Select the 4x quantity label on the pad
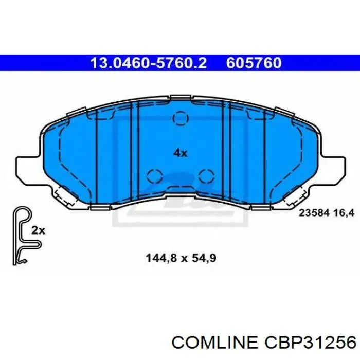point(180,153)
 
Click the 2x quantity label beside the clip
point(38,231)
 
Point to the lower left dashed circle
point(154,176)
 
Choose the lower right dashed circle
point(206,176)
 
